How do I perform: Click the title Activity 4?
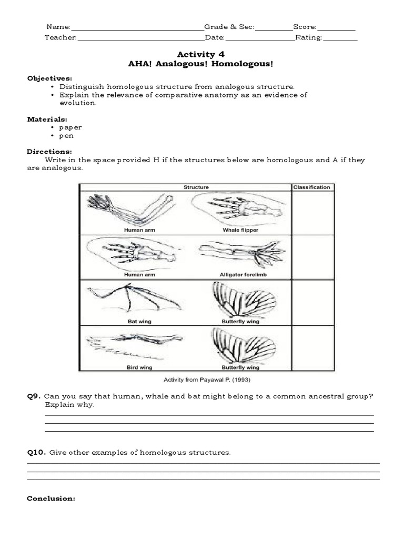coord(197,54)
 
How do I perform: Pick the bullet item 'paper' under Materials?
coord(70,127)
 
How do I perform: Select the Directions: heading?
coord(49,152)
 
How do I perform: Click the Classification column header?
coord(312,187)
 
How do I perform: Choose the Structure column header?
coord(196,187)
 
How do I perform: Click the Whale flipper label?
coord(240,230)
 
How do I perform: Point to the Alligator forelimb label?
coord(240,274)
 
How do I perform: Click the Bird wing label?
coord(139,367)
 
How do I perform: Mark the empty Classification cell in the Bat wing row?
coord(312,302)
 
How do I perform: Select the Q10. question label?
coord(37,453)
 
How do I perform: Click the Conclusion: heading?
coord(51,498)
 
